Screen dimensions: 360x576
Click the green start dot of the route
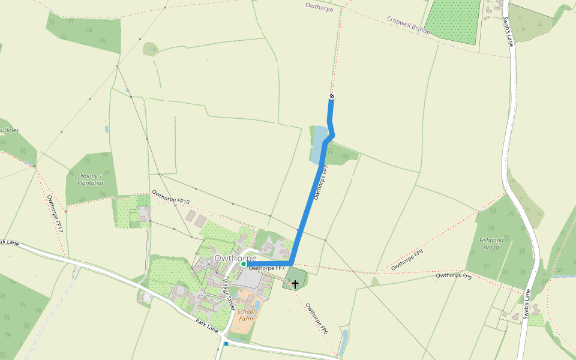click(244, 264)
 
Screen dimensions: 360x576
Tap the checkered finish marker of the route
click(332, 97)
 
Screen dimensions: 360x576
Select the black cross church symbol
click(295, 283)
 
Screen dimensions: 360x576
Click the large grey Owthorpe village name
click(235, 258)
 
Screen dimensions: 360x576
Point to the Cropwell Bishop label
click(409, 25)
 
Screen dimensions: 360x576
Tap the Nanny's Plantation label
click(91, 179)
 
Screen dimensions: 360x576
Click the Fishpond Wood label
click(491, 244)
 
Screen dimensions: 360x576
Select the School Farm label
click(246, 315)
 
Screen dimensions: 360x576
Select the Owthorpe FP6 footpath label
click(316, 318)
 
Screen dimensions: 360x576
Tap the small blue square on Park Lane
click(226, 344)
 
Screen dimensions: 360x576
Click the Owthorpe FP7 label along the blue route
click(321, 182)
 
